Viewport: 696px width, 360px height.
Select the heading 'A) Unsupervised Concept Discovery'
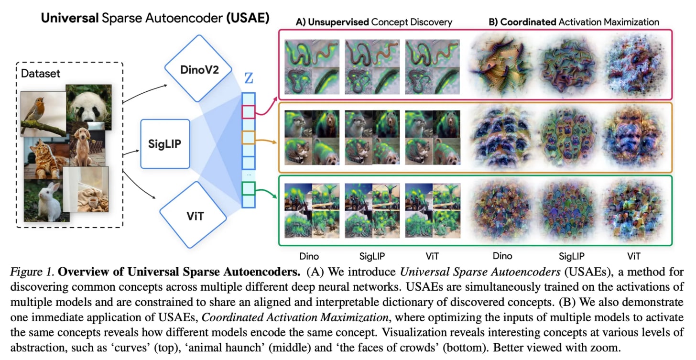(374, 22)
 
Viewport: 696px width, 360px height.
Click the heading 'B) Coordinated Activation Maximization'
(574, 22)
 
